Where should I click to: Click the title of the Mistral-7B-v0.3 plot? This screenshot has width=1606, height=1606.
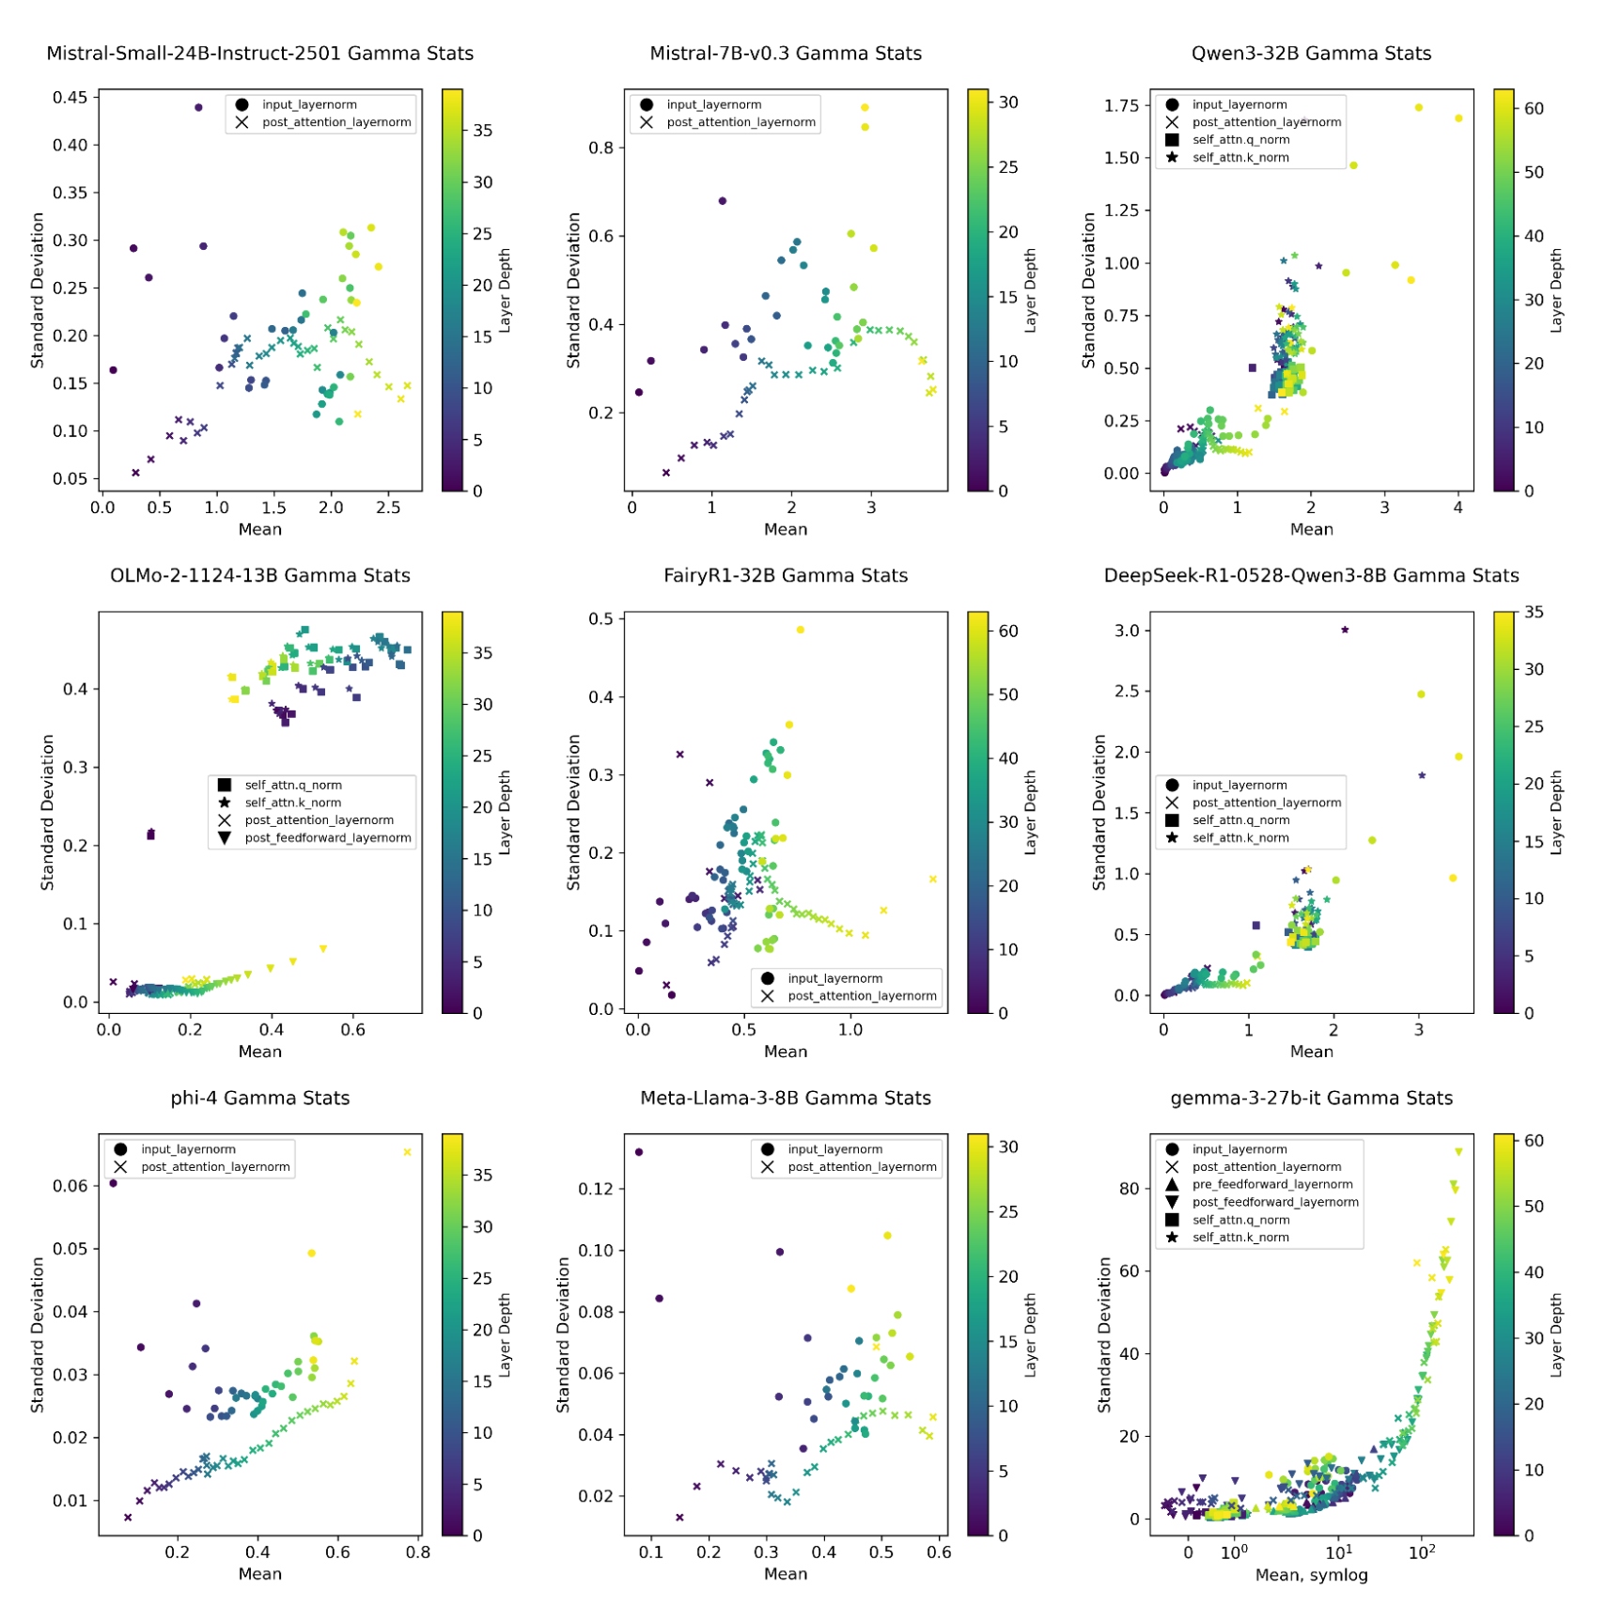point(785,54)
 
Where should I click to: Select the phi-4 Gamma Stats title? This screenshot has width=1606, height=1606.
point(259,1098)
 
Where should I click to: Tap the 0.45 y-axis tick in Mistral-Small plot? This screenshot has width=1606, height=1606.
point(70,98)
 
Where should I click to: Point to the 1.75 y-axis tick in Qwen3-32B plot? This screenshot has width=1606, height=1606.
point(1120,105)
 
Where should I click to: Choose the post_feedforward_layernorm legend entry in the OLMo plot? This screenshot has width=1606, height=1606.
point(327,837)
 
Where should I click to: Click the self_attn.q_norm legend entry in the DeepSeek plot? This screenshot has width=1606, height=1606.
point(1240,820)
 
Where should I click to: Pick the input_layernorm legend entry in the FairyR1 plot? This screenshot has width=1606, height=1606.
point(834,978)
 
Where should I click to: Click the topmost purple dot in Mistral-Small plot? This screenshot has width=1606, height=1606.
point(198,108)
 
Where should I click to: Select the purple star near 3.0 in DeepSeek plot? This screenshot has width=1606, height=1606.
point(1345,630)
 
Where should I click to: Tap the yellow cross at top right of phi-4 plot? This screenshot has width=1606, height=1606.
point(407,1152)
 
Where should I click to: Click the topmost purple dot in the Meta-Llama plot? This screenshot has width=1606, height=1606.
point(639,1152)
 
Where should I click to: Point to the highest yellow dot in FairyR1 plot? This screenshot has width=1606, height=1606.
point(800,630)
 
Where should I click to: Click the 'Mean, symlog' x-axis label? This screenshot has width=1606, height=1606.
point(1311,1574)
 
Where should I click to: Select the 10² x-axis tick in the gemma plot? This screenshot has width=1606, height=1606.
point(1421,1552)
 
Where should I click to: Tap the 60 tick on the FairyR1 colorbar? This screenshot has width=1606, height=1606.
point(1007,631)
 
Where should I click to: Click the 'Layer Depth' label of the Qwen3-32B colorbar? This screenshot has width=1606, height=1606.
point(1555,290)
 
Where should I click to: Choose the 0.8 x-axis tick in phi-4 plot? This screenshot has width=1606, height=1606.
point(417,1552)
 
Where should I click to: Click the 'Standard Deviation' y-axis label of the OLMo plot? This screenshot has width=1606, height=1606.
point(48,812)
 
